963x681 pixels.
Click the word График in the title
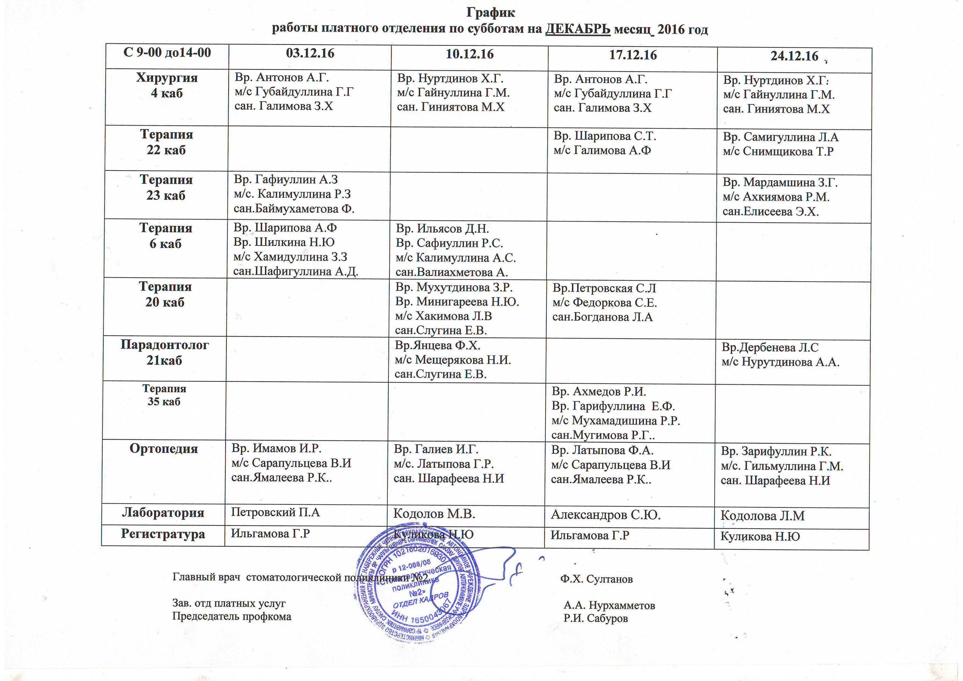point(490,13)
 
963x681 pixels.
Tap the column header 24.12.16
point(794,56)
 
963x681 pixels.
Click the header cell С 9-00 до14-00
point(167,52)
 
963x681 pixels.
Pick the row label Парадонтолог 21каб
point(164,352)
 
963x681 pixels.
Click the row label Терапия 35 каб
point(164,395)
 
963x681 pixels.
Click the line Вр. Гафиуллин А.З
point(286,180)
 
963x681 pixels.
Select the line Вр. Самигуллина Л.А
point(780,137)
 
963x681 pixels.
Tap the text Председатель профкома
point(231,616)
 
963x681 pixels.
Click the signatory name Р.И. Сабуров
point(596,618)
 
